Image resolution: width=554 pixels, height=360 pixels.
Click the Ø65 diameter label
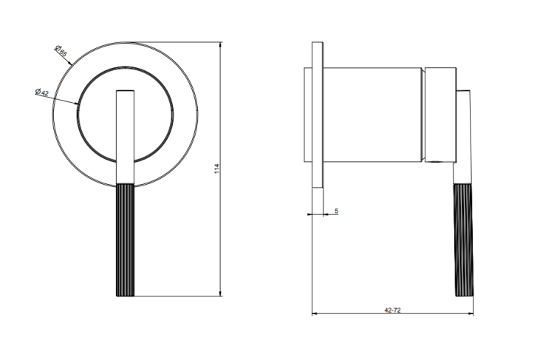pos(61,51)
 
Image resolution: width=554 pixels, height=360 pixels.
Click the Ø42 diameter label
pos(41,92)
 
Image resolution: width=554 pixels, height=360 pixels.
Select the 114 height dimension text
pos(217,169)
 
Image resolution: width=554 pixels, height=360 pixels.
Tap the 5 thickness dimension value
pos(336,211)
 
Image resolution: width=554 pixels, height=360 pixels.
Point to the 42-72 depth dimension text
pos(392,310)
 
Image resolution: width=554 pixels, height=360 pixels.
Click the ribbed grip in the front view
pos(126,240)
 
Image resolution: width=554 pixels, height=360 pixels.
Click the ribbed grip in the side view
pos(464,240)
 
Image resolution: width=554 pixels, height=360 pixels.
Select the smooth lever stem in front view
pos(126,137)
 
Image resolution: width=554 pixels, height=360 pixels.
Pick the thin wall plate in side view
pos(318,115)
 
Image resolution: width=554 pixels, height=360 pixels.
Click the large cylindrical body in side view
pos(372,115)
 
